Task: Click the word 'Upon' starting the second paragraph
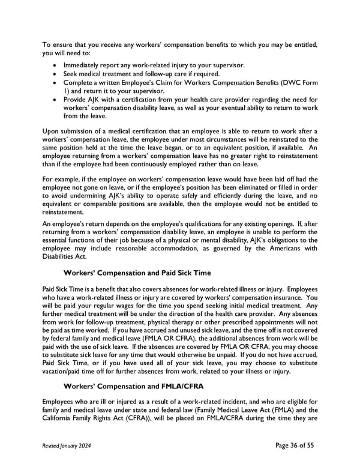pos(52,131)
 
